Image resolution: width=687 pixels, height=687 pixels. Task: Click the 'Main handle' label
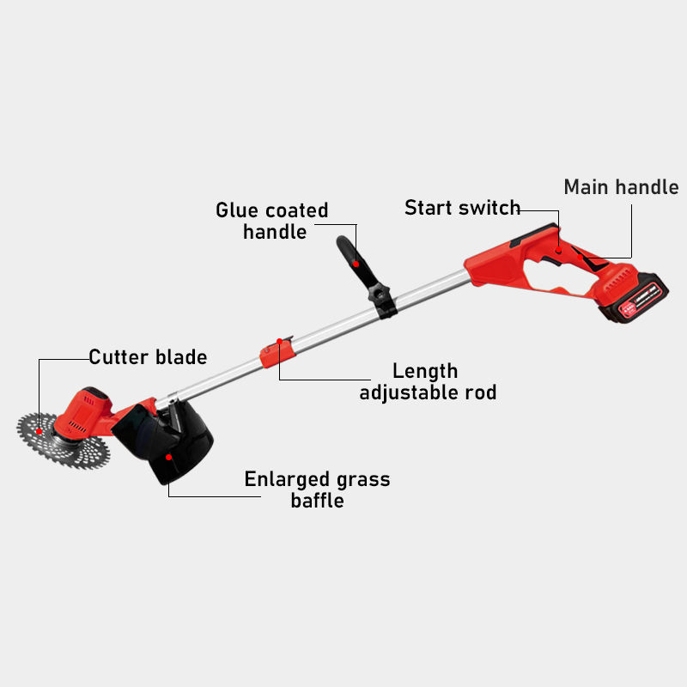[x=621, y=187]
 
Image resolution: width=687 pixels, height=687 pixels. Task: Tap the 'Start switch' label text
[x=462, y=208]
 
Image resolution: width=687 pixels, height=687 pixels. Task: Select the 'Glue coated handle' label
[x=272, y=221]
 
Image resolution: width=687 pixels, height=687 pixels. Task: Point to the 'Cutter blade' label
[x=148, y=356]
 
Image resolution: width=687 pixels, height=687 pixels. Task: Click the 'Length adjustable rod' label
[x=427, y=382]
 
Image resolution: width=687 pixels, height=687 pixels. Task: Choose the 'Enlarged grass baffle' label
[x=317, y=489]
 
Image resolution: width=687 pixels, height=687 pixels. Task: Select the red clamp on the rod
[x=277, y=355]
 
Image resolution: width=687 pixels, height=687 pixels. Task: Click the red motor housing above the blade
[x=86, y=410]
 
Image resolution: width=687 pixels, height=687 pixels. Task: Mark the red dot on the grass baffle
[x=169, y=457]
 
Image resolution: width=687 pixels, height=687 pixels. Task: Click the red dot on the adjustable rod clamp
[x=279, y=341]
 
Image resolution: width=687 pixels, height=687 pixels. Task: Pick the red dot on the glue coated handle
[x=356, y=264]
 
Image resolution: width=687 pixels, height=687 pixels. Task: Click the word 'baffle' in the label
[x=317, y=501]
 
